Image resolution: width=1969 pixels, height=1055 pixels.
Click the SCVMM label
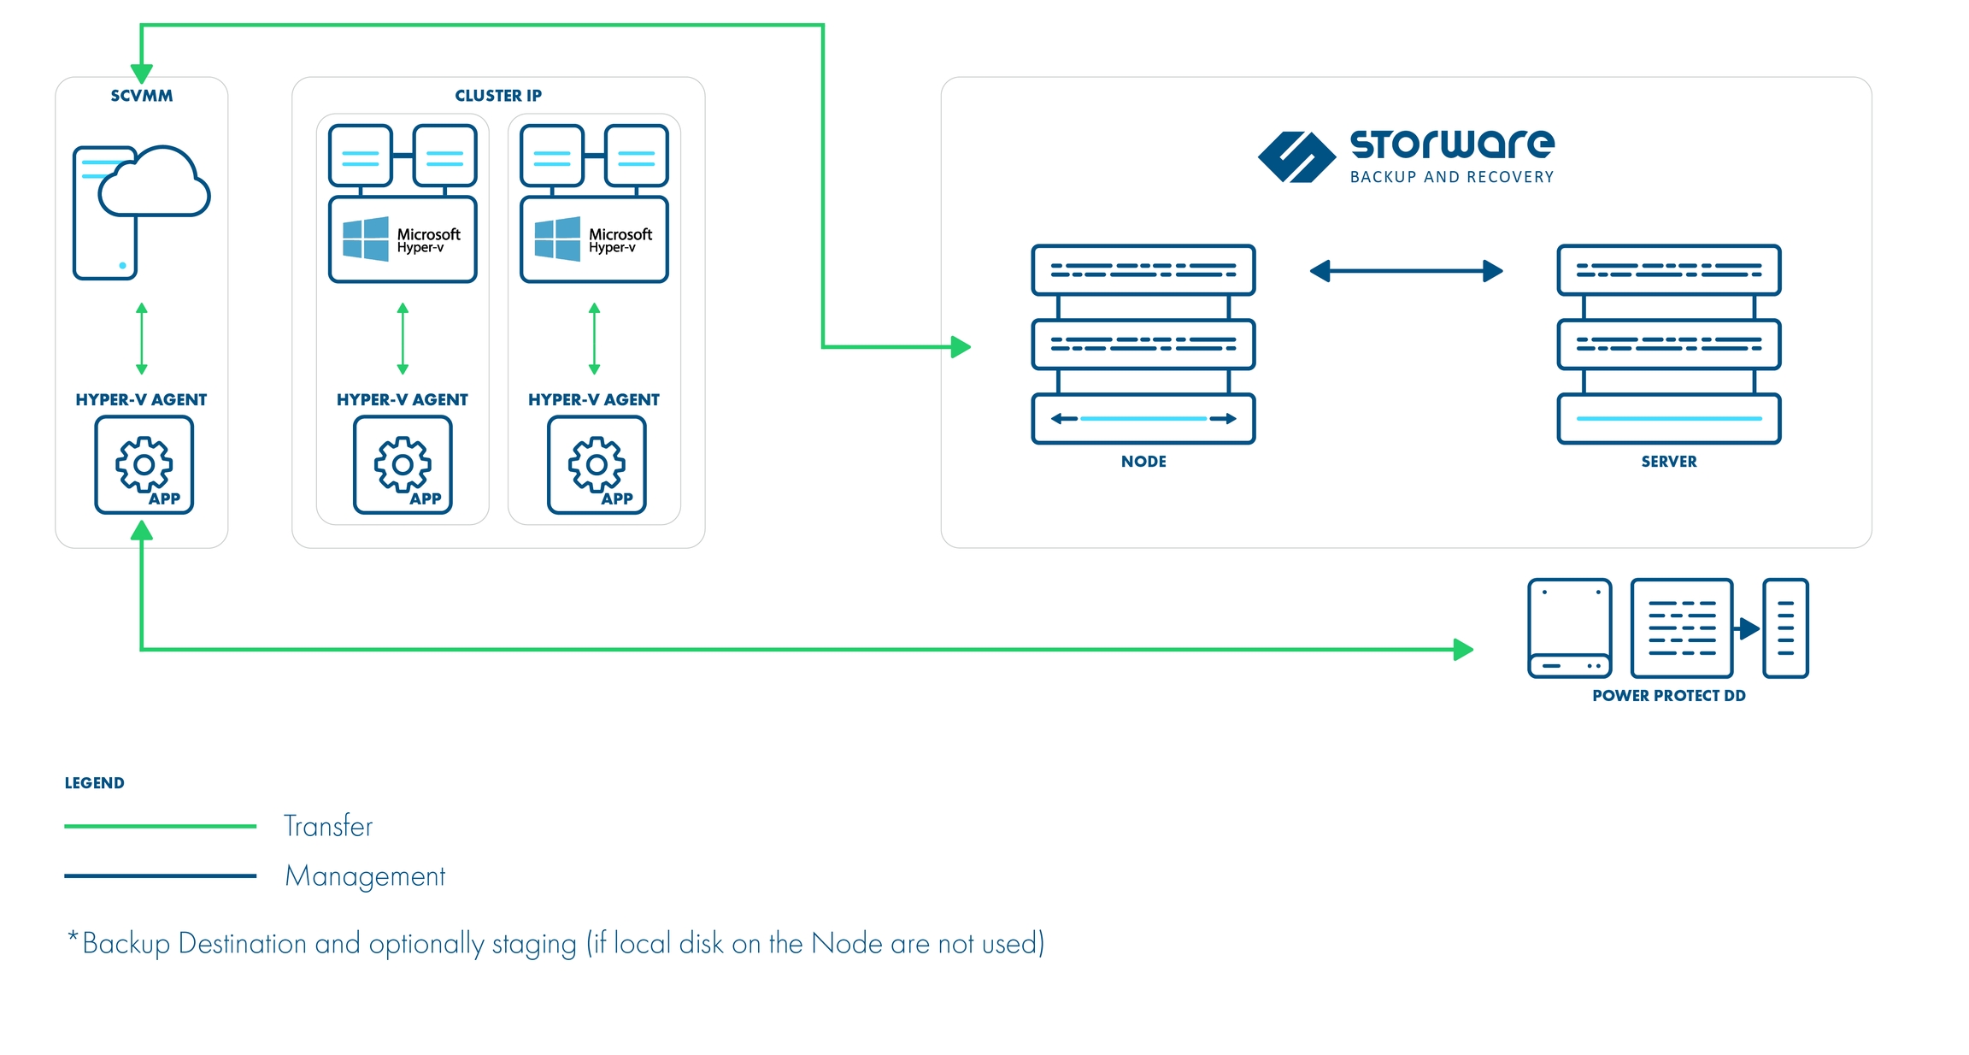(142, 96)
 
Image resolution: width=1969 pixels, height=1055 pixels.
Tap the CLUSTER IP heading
(497, 96)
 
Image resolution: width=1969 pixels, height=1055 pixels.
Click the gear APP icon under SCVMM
(144, 465)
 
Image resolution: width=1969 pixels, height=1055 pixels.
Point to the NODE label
(1143, 462)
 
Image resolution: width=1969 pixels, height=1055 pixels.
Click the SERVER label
(1668, 462)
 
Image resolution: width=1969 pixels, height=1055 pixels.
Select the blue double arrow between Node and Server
(1406, 271)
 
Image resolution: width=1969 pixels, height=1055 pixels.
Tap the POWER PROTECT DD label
(1668, 696)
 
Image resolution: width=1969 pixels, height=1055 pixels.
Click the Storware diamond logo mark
(1296, 157)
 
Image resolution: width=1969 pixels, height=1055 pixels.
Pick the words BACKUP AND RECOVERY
(1451, 177)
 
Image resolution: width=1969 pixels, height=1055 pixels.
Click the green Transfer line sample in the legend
(160, 826)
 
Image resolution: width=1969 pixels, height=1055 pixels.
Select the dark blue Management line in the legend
(160, 875)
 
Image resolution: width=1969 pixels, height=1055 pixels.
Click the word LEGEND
(95, 783)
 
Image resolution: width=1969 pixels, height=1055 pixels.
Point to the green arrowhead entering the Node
(961, 347)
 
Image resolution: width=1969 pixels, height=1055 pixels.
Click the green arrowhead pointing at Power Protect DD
(1463, 650)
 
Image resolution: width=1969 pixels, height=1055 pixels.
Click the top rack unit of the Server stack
(1668, 270)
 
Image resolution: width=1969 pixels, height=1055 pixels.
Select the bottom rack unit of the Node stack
(1143, 419)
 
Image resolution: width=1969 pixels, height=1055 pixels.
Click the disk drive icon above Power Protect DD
(1569, 628)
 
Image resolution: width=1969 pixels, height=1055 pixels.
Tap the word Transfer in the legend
(328, 826)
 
